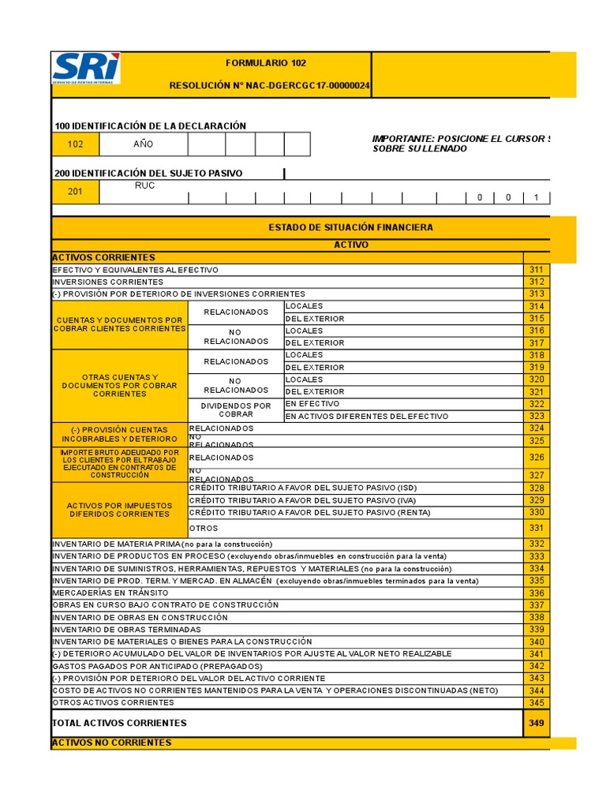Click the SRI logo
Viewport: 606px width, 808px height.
[x=86, y=69]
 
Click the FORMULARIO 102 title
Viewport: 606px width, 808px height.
[x=265, y=63]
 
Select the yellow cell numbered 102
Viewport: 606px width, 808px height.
[x=76, y=144]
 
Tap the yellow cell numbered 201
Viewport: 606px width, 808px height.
[x=76, y=192]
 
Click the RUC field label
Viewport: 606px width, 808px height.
[x=144, y=186]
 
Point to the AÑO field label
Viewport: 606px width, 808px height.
[x=144, y=144]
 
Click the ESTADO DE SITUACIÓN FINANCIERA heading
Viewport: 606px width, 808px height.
[x=350, y=227]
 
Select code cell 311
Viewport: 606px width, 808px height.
[x=537, y=270]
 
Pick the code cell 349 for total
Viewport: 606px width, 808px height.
[x=537, y=723]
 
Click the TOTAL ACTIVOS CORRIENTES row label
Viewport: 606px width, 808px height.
[x=120, y=723]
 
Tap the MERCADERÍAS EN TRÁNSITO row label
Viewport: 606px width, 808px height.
[x=99, y=593]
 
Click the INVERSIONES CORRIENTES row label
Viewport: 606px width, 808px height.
[x=108, y=282]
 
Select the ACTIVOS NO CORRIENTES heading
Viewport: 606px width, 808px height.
[x=111, y=743]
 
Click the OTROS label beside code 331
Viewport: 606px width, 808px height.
[x=204, y=528]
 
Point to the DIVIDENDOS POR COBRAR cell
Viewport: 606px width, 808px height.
[x=235, y=410]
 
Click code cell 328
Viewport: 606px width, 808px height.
[x=537, y=488]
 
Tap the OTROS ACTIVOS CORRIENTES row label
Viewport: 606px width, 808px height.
[x=113, y=702]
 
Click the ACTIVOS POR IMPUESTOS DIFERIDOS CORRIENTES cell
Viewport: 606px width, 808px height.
[x=118, y=509]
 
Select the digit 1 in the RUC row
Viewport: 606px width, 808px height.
[x=536, y=197]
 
